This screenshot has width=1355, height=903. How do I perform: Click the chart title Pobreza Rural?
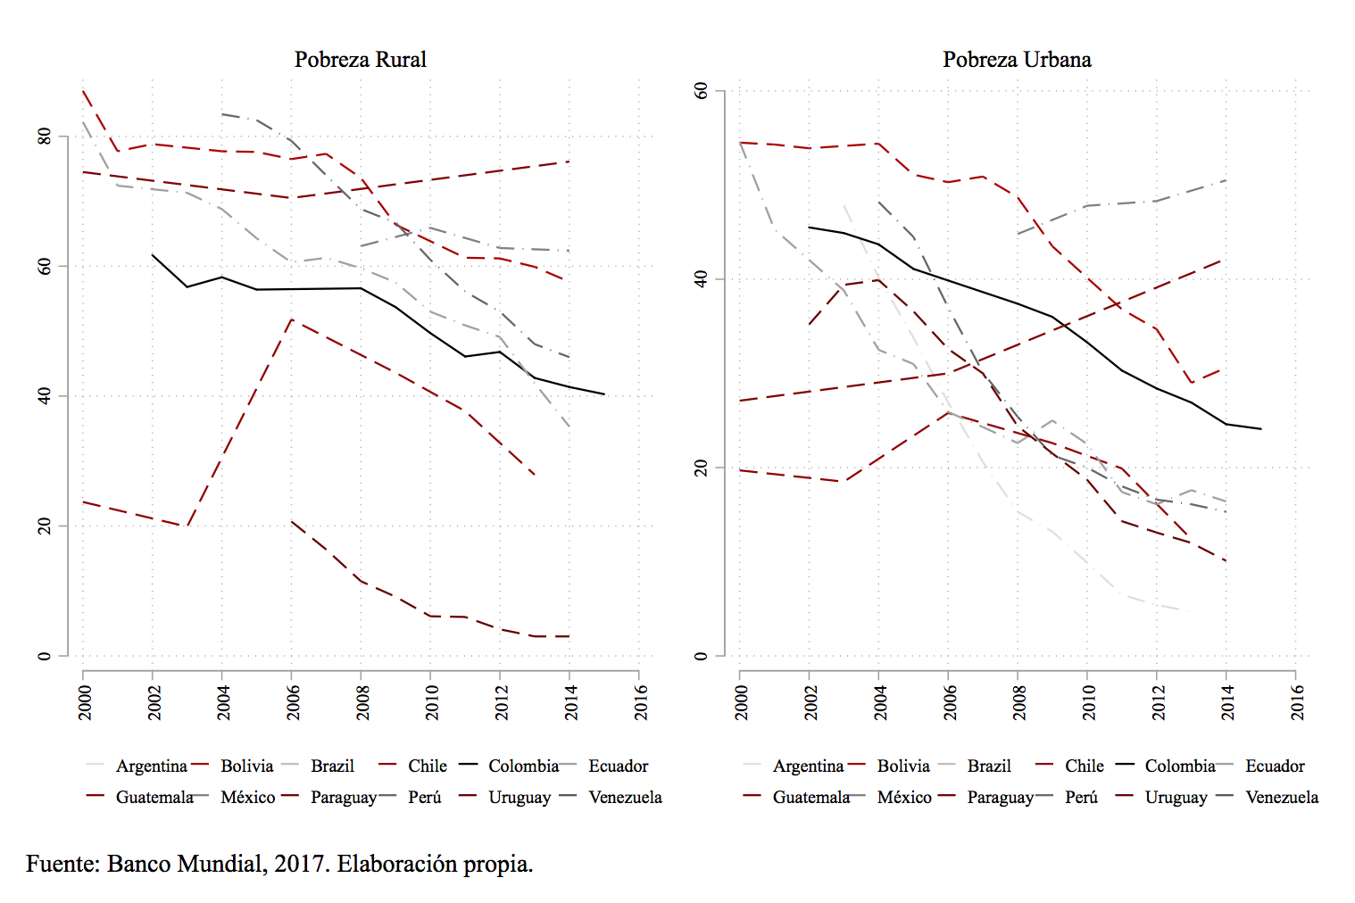(x=360, y=60)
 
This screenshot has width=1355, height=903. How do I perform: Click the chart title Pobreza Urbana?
(x=1017, y=60)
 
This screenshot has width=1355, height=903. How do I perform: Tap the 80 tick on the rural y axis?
(x=44, y=137)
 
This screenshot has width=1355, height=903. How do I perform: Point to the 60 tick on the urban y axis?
(x=701, y=90)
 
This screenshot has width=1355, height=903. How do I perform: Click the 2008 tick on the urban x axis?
(x=1018, y=702)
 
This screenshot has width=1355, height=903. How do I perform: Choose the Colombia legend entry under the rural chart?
(x=523, y=766)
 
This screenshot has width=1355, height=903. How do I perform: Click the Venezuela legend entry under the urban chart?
(x=1281, y=797)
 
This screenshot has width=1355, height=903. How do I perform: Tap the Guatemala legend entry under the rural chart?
(x=154, y=797)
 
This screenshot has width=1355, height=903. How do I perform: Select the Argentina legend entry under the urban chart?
(x=808, y=766)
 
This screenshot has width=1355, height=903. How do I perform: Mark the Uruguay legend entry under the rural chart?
(x=519, y=797)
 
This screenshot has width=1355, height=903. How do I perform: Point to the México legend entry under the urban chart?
(x=903, y=797)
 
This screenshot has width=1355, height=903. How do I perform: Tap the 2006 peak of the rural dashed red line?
(x=291, y=319)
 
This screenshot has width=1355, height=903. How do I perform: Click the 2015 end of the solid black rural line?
(x=604, y=394)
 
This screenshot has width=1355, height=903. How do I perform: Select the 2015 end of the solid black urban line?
(x=1260, y=429)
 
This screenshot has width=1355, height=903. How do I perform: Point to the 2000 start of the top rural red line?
(x=83, y=90)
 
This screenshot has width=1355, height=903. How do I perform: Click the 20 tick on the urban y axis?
(x=701, y=468)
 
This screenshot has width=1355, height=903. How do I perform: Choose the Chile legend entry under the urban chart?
(x=1084, y=766)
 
